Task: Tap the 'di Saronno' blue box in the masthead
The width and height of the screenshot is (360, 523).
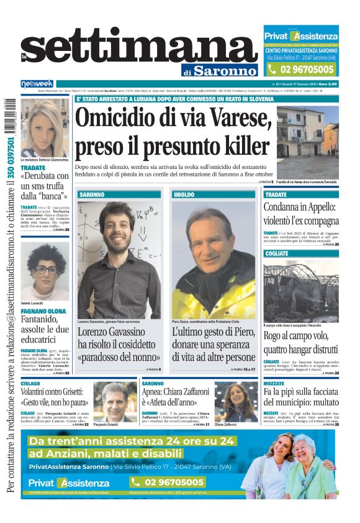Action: point(220,70)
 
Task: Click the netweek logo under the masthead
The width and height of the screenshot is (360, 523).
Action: point(37,84)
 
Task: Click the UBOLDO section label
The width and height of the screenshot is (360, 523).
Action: point(184,194)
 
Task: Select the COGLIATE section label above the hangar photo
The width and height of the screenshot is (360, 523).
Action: point(276,253)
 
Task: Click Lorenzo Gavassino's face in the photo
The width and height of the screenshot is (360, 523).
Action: point(117,228)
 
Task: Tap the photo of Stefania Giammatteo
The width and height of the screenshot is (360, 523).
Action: point(45,127)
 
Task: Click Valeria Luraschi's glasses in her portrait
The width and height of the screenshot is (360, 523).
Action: point(45,270)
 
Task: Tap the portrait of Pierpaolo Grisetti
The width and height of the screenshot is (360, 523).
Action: point(115,402)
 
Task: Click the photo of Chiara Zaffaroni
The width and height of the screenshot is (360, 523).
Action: point(236,402)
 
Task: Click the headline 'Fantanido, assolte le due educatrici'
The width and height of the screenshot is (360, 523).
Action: point(45,329)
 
